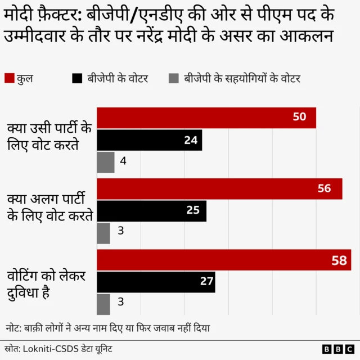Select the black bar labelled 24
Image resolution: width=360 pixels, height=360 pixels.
pyautogui.click(x=150, y=140)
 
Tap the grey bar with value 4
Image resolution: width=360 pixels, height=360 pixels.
pyautogui.click(x=106, y=162)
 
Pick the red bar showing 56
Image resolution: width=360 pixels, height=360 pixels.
pyautogui.click(x=219, y=188)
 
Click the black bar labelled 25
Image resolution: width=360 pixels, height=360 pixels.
pyautogui.click(x=152, y=211)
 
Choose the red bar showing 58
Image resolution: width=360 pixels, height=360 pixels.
pyautogui.click(x=224, y=260)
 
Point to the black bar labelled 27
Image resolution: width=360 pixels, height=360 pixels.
pyautogui.click(x=156, y=282)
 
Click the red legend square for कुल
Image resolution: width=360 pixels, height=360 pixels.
pyautogui.click(x=9, y=79)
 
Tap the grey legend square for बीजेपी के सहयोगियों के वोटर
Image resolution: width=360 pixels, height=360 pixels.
pyautogui.click(x=174, y=79)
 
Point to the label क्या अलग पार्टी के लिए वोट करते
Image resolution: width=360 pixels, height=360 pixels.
pyautogui.click(x=49, y=207)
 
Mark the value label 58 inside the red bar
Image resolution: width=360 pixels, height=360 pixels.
pyautogui.click(x=339, y=260)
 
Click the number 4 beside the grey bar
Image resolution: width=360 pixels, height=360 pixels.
pyautogui.click(x=123, y=162)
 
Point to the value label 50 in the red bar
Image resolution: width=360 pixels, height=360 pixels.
pyautogui.click(x=299, y=117)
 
